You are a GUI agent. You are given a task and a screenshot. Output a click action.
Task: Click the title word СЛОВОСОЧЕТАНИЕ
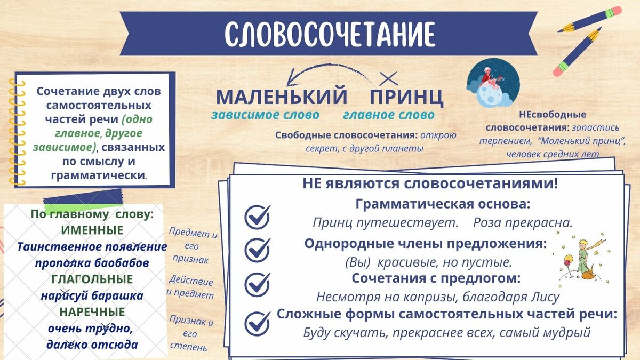coord(330,34)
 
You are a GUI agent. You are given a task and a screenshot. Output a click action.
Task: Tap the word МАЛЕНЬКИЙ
coord(282,96)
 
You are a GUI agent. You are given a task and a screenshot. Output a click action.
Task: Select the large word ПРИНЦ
coord(406,97)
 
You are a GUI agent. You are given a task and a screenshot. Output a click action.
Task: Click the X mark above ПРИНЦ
coord(388,78)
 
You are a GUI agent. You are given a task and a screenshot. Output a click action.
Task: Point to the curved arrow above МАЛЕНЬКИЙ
coord(323,67)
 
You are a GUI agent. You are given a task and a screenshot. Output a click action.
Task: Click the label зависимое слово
coord(265,115)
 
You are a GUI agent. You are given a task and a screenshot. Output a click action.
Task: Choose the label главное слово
coord(389,115)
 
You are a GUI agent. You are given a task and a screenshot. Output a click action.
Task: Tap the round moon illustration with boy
coord(493,83)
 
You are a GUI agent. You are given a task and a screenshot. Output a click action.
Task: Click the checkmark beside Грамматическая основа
coord(258,217)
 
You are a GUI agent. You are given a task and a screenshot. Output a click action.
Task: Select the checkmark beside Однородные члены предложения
coord(258,250)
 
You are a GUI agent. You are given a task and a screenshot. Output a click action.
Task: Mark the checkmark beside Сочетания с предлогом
coord(258,284)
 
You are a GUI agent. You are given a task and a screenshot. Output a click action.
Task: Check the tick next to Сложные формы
coord(258,323)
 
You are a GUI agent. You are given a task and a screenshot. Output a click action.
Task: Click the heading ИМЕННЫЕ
coord(92,230)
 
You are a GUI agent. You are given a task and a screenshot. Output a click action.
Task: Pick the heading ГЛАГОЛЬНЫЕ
coord(92,279)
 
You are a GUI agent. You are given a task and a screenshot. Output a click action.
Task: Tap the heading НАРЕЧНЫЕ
coord(92,312)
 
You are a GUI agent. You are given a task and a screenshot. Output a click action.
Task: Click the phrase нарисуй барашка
coord(92,295)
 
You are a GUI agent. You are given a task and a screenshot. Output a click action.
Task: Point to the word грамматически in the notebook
coord(98,175)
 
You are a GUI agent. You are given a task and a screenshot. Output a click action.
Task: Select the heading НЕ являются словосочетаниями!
coord(430,183)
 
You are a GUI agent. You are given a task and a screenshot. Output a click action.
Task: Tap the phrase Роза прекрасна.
coord(523,223)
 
